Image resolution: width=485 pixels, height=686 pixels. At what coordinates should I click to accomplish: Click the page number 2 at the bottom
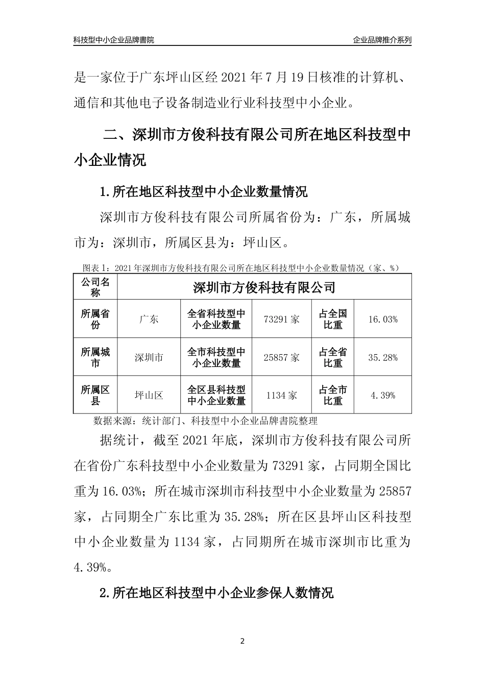pyautogui.click(x=243, y=641)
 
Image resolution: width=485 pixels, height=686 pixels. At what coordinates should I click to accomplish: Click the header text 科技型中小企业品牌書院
pyautogui.click(x=114, y=40)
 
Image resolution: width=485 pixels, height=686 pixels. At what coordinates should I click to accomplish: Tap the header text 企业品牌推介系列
pyautogui.click(x=382, y=40)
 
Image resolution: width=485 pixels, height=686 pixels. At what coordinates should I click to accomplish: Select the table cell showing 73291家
pyautogui.click(x=282, y=320)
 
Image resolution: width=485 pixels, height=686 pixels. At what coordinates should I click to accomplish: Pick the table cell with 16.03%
pyautogui.click(x=382, y=320)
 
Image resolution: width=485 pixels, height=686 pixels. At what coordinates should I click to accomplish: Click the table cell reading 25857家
pyautogui.click(x=282, y=357)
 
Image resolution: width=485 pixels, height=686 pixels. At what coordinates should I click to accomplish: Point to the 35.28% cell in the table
pyautogui.click(x=382, y=357)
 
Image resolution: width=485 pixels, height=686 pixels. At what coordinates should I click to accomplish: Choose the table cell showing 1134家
pyautogui.click(x=282, y=395)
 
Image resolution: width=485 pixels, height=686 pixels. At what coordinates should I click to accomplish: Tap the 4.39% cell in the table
pyautogui.click(x=382, y=395)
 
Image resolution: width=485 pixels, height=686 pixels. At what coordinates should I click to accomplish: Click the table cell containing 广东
pyautogui.click(x=149, y=320)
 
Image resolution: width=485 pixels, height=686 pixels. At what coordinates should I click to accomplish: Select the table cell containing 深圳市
pyautogui.click(x=149, y=357)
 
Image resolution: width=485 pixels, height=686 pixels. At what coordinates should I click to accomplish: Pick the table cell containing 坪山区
pyautogui.click(x=149, y=395)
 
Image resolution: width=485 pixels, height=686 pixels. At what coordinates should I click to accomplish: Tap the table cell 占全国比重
pyautogui.click(x=333, y=320)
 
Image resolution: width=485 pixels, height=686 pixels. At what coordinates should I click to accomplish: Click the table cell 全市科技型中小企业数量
pyautogui.click(x=216, y=357)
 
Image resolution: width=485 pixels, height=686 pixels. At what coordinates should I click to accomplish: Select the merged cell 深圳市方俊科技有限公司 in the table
pyautogui.click(x=264, y=287)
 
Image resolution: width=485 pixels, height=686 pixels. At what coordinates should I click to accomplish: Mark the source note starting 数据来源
pyautogui.click(x=206, y=421)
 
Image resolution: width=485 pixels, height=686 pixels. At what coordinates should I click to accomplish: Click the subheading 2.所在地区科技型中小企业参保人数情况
pyautogui.click(x=216, y=593)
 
